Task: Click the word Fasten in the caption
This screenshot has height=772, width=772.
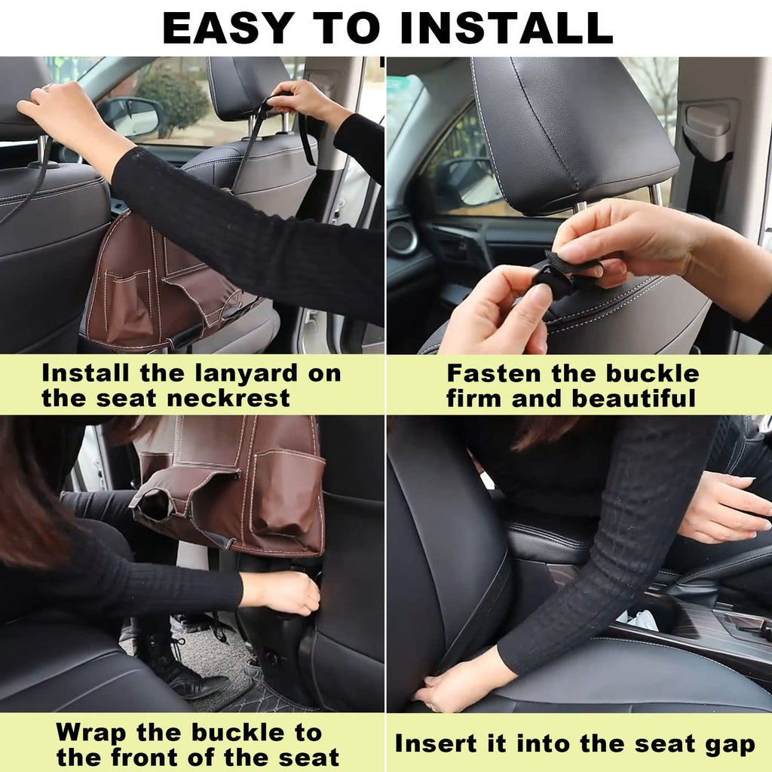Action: point(494,373)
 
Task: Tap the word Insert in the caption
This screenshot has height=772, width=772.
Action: point(438,744)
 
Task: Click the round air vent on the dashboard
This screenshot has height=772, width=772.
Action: point(403,238)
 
